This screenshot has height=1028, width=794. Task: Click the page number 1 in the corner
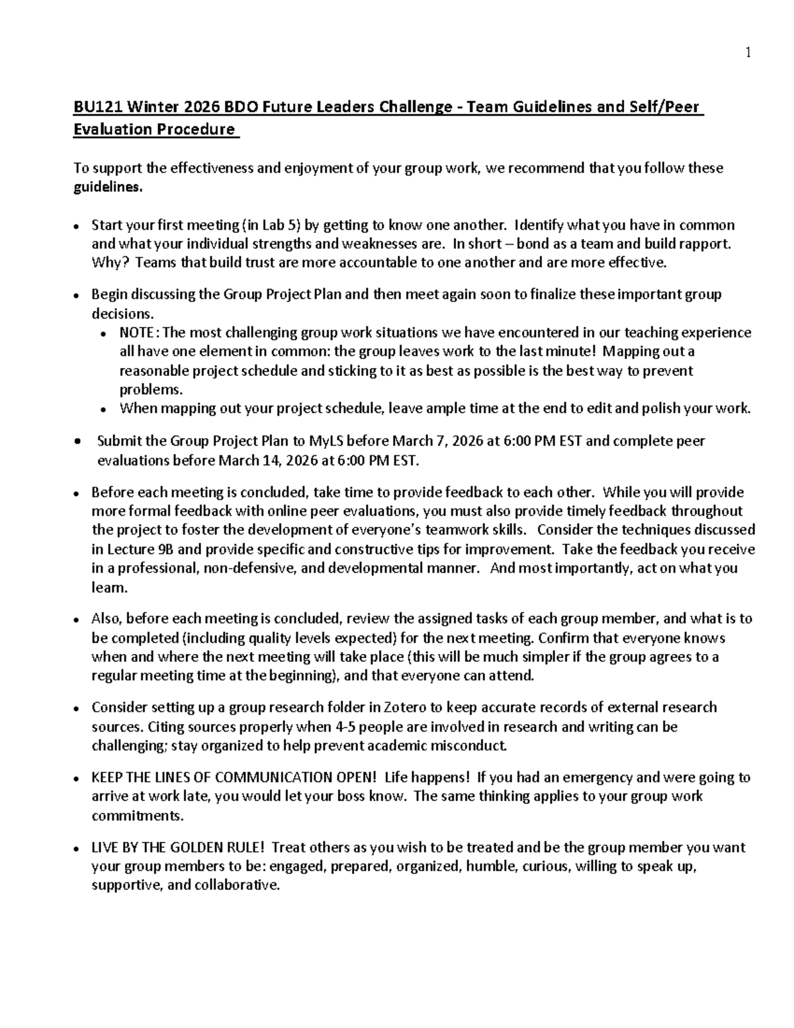click(x=748, y=54)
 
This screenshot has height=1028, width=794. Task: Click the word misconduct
click(x=472, y=746)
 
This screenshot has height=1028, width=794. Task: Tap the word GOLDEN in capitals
click(x=196, y=847)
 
